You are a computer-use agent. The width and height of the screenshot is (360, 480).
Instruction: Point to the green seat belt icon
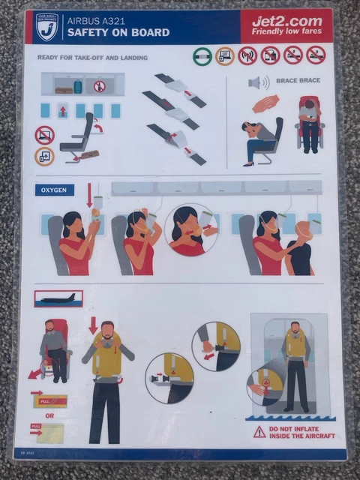(202, 55)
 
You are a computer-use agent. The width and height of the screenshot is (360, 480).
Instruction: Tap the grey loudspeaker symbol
(255, 82)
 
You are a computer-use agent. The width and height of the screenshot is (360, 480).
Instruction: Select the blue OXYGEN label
(55, 190)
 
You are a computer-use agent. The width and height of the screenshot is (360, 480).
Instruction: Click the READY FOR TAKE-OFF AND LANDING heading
(92, 58)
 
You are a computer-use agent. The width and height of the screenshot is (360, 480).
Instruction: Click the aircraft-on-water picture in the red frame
(58, 298)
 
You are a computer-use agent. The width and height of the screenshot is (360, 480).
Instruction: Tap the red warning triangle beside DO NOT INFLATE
(259, 431)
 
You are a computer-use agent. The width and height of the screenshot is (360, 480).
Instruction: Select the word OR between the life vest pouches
(49, 414)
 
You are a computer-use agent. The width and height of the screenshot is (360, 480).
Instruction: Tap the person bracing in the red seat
(308, 120)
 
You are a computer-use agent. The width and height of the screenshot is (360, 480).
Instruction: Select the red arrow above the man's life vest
(94, 325)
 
